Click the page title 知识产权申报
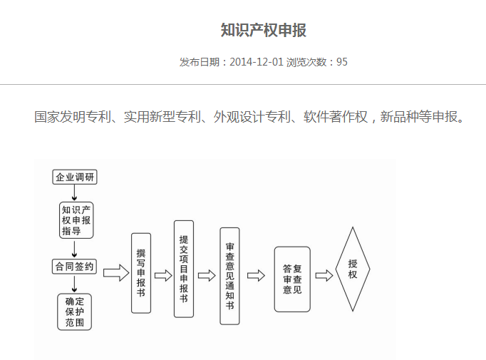pyautogui.click(x=264, y=30)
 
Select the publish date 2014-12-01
pyautogui.click(x=257, y=62)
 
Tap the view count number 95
pyautogui.click(x=342, y=62)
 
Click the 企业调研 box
pyautogui.click(x=75, y=177)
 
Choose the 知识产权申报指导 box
pyautogui.click(x=76, y=220)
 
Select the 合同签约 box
pyautogui.click(x=74, y=267)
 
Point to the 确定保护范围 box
pyautogui.click(x=74, y=312)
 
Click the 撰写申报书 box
pyautogui.click(x=141, y=273)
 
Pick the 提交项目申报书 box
pyautogui.click(x=184, y=269)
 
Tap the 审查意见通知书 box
pyautogui.click(x=229, y=276)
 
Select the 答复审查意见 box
pyautogui.click(x=292, y=279)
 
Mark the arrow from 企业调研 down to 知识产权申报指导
pyautogui.click(x=74, y=193)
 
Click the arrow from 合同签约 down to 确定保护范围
pyautogui.click(x=74, y=284)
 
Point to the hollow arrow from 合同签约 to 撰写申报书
pyautogui.click(x=116, y=273)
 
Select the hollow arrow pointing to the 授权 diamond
pyautogui.click(x=324, y=275)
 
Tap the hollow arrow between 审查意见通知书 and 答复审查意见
pyautogui.click(x=256, y=275)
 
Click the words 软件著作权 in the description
pyautogui.click(x=336, y=117)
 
